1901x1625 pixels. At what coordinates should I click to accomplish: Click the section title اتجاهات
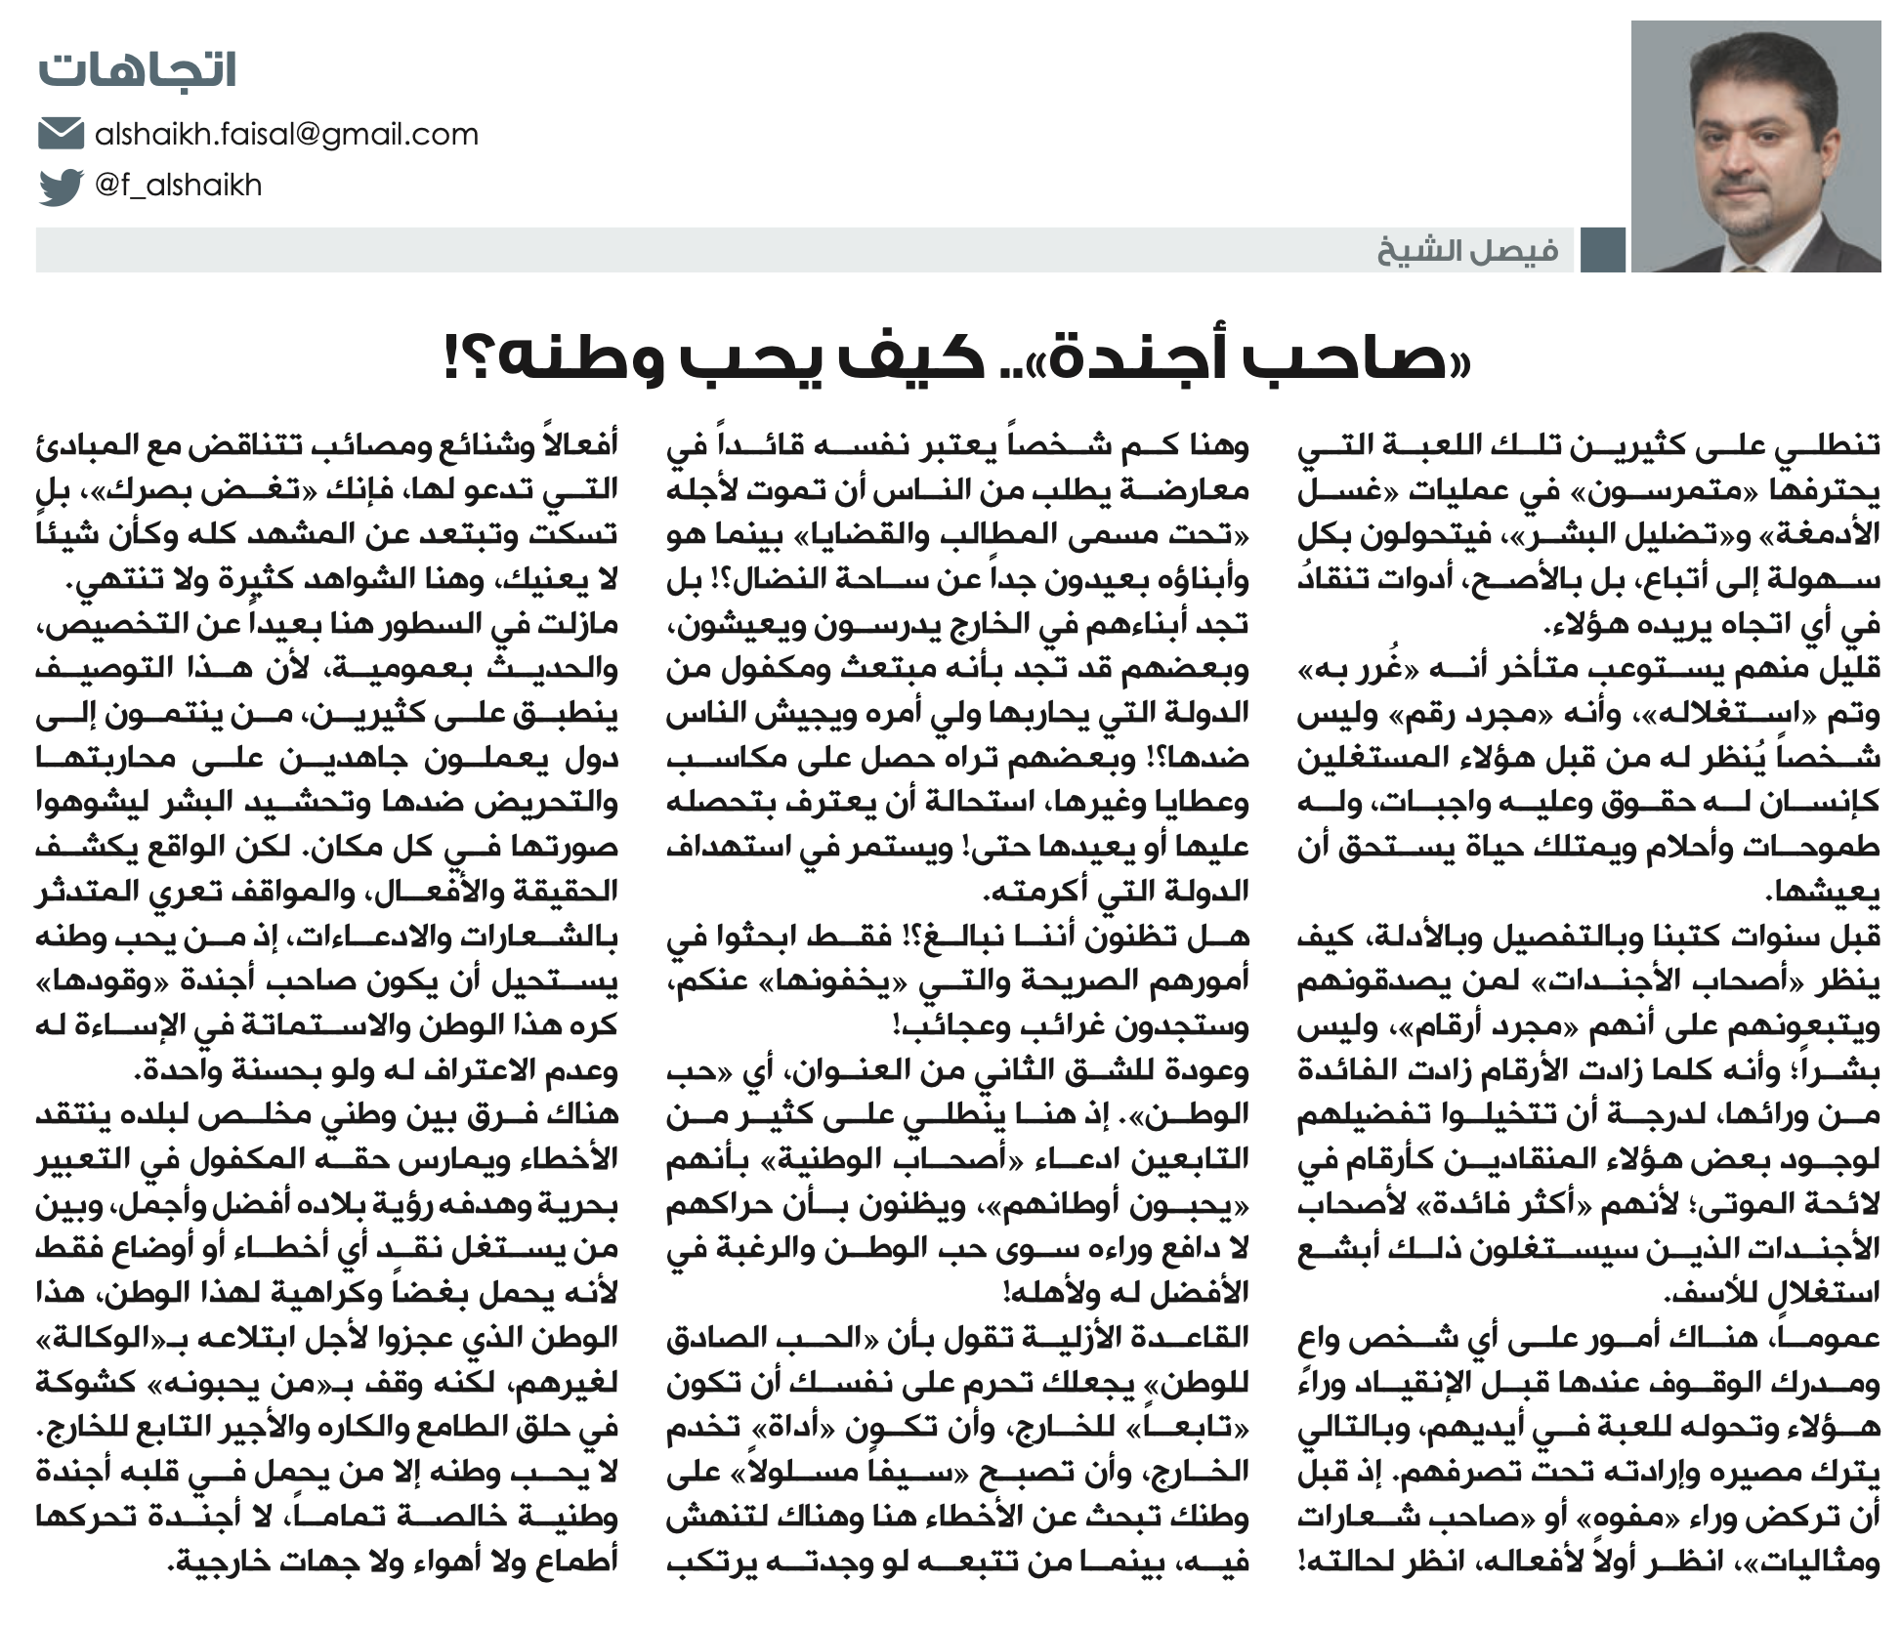(137, 71)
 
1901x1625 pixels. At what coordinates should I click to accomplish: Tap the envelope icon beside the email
(61, 134)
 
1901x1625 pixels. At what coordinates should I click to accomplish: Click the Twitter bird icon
(61, 186)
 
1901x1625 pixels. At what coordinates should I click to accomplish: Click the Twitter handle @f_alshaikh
(179, 186)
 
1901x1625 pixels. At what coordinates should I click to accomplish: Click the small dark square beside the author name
(1603, 251)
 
